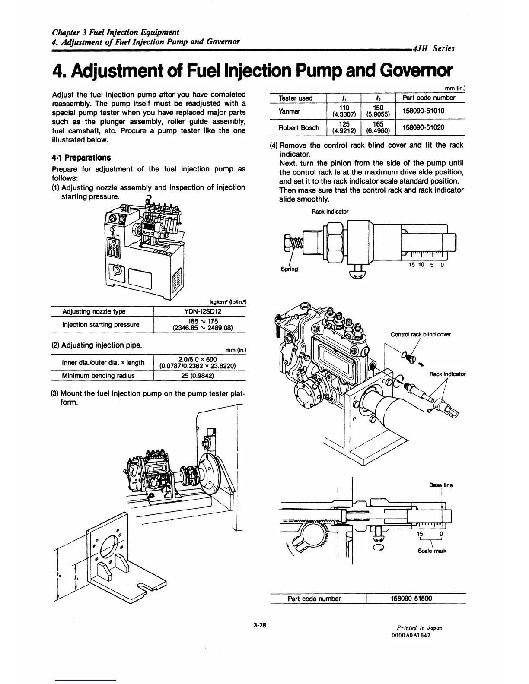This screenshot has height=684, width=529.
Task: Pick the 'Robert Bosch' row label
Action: (x=299, y=127)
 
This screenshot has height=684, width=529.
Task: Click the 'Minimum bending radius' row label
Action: (x=98, y=375)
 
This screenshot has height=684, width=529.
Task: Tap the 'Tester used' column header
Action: (x=296, y=98)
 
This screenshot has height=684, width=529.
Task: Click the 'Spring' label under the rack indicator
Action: (x=290, y=269)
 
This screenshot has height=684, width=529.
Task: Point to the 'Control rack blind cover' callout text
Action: (x=421, y=334)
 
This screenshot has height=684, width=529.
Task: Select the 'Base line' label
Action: (x=441, y=485)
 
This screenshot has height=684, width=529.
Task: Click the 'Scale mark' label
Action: (x=432, y=551)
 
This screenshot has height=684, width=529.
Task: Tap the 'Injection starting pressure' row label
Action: (x=101, y=324)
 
